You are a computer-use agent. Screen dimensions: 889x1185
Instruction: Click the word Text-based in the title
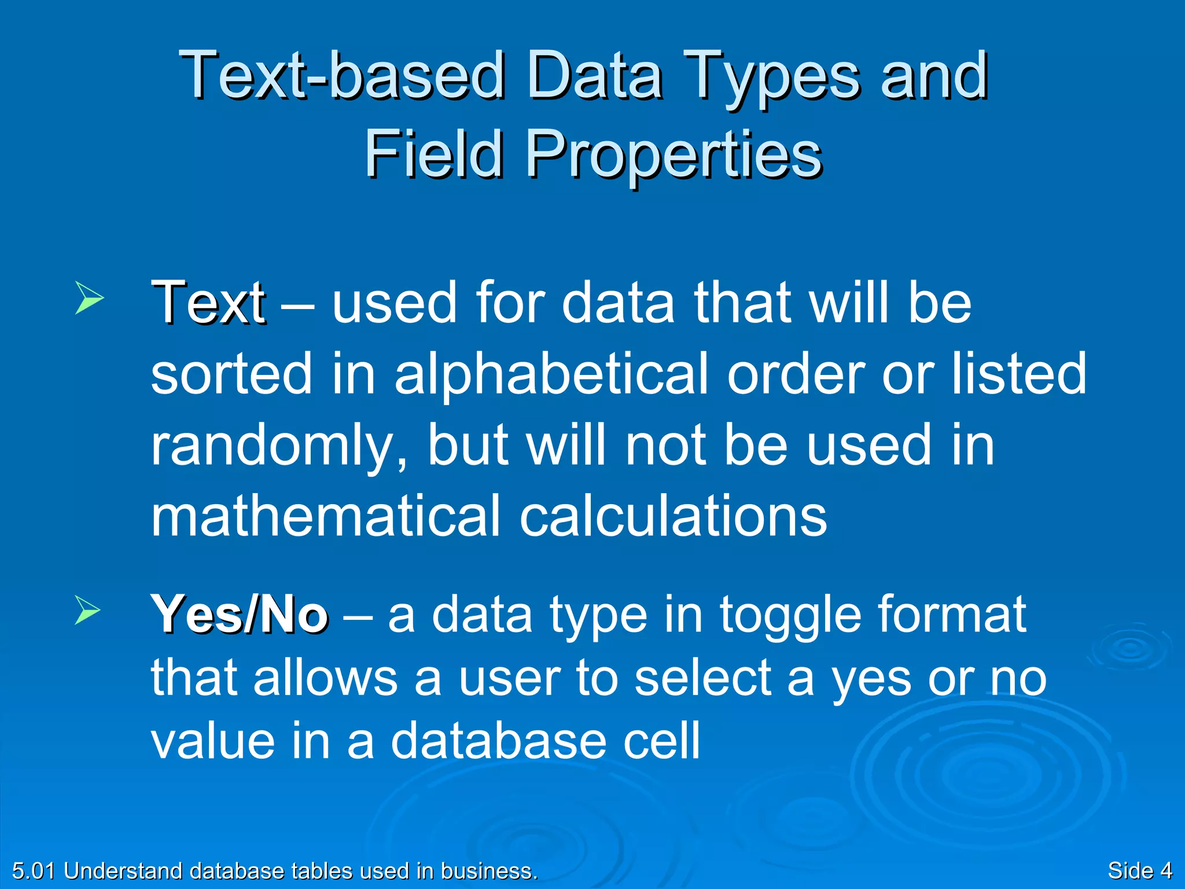[x=341, y=75]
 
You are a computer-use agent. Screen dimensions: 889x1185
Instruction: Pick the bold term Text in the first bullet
[x=208, y=302]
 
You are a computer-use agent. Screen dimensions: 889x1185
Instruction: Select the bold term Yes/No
[x=240, y=615]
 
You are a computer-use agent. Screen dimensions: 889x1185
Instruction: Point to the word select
[x=703, y=678]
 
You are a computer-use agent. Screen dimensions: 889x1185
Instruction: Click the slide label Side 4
[x=1139, y=871]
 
